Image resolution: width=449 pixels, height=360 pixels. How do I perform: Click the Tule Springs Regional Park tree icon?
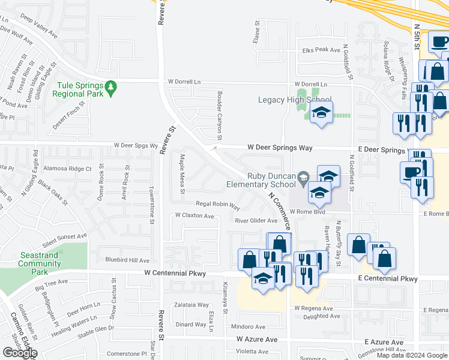pyautogui.click(x=110, y=88)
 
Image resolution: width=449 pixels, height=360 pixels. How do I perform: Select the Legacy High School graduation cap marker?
pyautogui.click(x=322, y=113)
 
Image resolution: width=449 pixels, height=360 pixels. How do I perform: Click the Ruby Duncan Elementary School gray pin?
pyautogui.click(x=305, y=176)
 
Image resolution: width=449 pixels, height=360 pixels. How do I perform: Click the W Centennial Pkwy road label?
pyautogui.click(x=175, y=274)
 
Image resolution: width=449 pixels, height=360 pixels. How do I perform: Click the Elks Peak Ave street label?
pyautogui.click(x=322, y=50)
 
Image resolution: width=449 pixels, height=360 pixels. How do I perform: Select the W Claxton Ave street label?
pyautogui.click(x=194, y=215)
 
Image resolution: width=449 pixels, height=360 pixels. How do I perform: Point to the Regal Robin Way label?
pyautogui.click(x=218, y=205)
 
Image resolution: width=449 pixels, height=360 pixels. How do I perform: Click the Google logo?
pyautogui.click(x=20, y=353)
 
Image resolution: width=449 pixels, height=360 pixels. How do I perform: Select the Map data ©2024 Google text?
pyautogui.click(x=412, y=355)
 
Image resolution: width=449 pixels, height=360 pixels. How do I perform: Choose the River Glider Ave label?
pyautogui.click(x=256, y=221)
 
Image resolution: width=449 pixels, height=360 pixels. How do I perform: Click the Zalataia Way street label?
pyautogui.click(x=192, y=305)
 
